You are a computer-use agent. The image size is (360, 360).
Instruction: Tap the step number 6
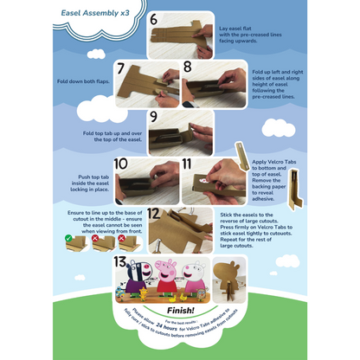[x=153, y=20]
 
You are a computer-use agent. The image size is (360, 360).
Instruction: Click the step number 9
[x=153, y=116]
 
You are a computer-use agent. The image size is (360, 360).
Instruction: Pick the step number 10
[x=121, y=164]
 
